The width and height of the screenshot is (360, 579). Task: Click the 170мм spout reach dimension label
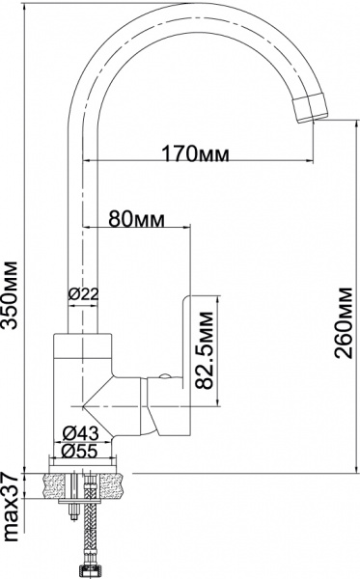pyautogui.click(x=189, y=152)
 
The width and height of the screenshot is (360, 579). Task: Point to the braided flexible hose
pyautogui.click(x=78, y=536)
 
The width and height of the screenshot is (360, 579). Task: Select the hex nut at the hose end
pyautogui.click(x=78, y=570)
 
